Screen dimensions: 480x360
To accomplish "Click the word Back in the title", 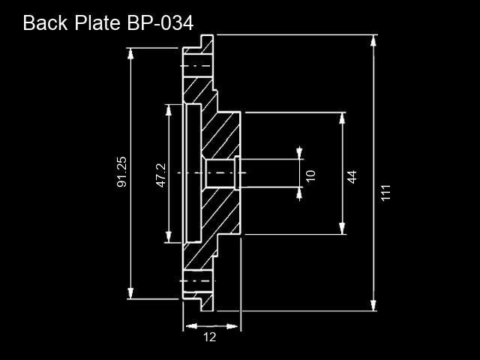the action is (x=45, y=22).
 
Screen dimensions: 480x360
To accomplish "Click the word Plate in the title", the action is (x=97, y=22).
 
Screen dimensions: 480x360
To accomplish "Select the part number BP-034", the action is (x=160, y=23).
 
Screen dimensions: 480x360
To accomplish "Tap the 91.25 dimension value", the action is (x=121, y=172).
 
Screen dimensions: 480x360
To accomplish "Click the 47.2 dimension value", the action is (x=161, y=175).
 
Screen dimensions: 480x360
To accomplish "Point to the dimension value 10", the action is (x=310, y=176).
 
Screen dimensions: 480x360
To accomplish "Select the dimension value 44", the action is (x=352, y=177).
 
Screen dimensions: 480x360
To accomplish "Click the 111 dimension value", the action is (x=386, y=193).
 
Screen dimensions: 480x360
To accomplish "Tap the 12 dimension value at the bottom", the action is (x=210, y=337).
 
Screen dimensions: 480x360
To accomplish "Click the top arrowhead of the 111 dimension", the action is (x=373, y=40).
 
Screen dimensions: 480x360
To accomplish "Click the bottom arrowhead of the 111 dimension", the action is (x=373, y=305).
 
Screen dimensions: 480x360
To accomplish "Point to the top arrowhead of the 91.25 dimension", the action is (x=130, y=53).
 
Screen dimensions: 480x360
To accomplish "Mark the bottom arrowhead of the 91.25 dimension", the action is (x=130, y=293).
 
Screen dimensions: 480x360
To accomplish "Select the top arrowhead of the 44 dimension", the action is (x=342, y=118).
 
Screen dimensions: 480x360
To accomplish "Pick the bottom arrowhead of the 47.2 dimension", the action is (x=168, y=237).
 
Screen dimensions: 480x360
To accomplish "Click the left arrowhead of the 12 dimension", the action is (x=191, y=326).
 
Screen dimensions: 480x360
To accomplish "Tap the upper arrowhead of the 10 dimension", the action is (x=299, y=153).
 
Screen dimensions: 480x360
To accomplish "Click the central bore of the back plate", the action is (x=220, y=173).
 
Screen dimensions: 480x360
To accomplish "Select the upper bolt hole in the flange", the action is (x=198, y=66).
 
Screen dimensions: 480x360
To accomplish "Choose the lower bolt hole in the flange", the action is (x=198, y=281).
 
